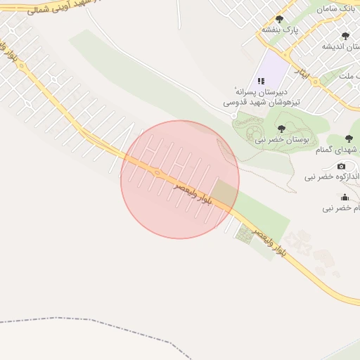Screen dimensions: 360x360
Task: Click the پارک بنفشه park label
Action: click(x=281, y=30)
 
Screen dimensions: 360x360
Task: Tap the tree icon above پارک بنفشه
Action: click(x=279, y=20)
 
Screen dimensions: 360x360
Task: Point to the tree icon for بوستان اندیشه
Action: click(x=345, y=35)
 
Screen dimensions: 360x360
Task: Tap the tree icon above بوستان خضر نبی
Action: click(x=281, y=129)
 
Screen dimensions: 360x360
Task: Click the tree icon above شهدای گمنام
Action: click(x=349, y=139)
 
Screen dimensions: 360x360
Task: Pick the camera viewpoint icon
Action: click(x=341, y=167)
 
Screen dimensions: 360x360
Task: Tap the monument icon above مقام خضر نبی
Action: click(x=345, y=198)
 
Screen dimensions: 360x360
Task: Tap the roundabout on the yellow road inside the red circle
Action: click(x=157, y=173)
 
